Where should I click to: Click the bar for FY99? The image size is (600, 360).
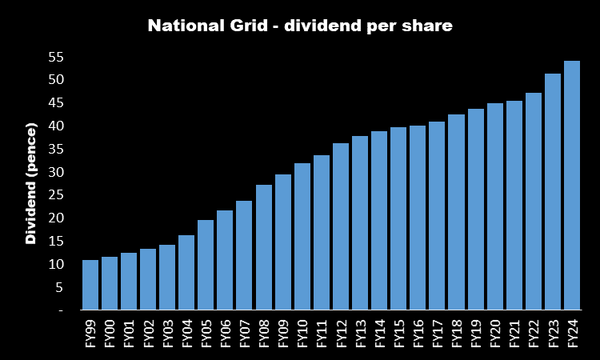pos(90,285)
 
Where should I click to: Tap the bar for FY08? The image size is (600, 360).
pos(263,247)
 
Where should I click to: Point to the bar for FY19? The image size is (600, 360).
pos(475,209)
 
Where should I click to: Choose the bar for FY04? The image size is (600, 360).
pos(186,272)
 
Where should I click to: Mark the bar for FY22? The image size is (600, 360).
pos(534,201)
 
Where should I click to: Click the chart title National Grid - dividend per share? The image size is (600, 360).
pos(300,26)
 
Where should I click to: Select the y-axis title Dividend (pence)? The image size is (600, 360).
pos(31,184)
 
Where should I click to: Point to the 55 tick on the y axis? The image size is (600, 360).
pos(55,58)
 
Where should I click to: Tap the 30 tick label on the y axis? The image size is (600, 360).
pos(55,173)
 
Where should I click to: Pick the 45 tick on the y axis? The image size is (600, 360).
pos(55,104)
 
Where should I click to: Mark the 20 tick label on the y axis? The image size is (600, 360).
pos(55,218)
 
